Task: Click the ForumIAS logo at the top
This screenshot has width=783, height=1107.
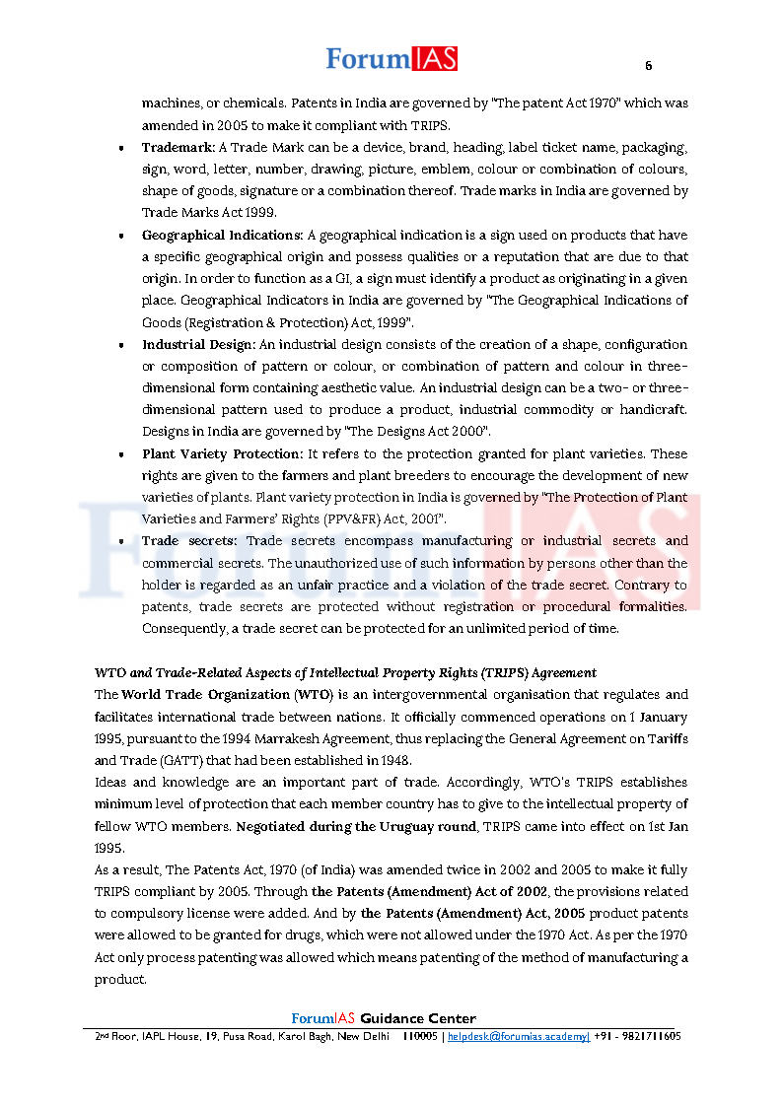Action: pyautogui.click(x=391, y=59)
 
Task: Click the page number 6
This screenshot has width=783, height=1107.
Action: pyautogui.click(x=648, y=66)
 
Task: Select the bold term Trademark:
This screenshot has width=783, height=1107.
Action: pyautogui.click(x=178, y=147)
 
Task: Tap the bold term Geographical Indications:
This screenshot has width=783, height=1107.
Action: pyautogui.click(x=222, y=235)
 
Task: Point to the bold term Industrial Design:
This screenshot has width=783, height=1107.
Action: pyautogui.click(x=198, y=344)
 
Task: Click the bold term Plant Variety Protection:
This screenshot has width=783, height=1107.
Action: pyautogui.click(x=222, y=453)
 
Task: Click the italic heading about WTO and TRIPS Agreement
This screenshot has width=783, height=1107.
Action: pyautogui.click(x=345, y=672)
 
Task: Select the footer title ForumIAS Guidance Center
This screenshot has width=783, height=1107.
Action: pyautogui.click(x=384, y=1018)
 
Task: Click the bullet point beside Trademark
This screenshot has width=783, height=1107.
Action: pyautogui.click(x=120, y=149)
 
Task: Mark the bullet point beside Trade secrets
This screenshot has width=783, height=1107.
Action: pyautogui.click(x=120, y=542)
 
